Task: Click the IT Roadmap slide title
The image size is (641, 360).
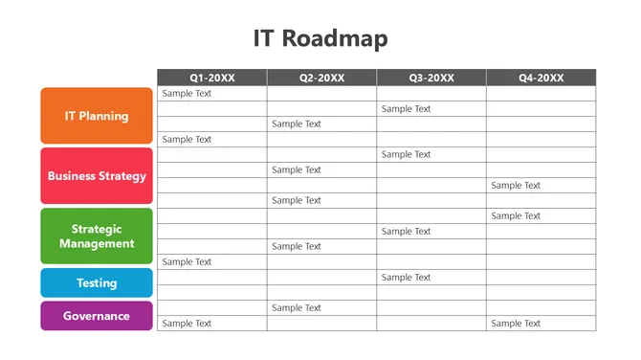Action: (320, 38)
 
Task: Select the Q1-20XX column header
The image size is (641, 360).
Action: (212, 78)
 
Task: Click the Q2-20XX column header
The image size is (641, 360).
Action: (321, 78)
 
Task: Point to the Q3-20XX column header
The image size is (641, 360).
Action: (431, 78)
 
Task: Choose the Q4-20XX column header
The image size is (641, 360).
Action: (541, 78)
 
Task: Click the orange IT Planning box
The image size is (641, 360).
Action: (97, 116)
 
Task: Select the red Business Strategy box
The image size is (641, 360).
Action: (97, 176)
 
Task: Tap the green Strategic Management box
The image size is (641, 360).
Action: (97, 236)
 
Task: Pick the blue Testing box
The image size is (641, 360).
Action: (97, 282)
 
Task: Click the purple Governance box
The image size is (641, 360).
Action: (97, 316)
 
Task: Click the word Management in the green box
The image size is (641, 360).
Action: (97, 243)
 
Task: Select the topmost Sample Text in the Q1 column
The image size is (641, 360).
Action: (187, 94)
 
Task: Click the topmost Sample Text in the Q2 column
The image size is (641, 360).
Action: (297, 124)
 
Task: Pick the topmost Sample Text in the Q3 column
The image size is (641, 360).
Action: (406, 109)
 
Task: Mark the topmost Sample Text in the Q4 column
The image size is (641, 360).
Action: (516, 186)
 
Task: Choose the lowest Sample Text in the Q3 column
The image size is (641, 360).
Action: (406, 278)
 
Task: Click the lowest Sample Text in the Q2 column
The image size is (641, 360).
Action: (297, 308)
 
